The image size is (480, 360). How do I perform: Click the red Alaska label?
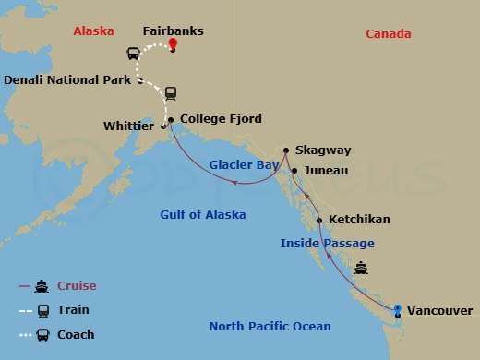(x=93, y=30)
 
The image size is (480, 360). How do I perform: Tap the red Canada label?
(x=388, y=34)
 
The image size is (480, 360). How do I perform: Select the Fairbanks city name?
(x=174, y=30)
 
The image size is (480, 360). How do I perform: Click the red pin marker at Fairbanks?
(x=173, y=45)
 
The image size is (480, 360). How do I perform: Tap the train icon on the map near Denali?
(x=171, y=93)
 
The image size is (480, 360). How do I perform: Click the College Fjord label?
(x=221, y=119)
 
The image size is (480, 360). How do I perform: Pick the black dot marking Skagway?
(x=286, y=150)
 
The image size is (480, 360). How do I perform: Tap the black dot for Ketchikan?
(x=319, y=221)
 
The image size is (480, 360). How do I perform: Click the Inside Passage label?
(x=328, y=243)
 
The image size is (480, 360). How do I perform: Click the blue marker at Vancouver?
(x=397, y=309)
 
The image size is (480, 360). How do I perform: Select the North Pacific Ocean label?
(x=270, y=326)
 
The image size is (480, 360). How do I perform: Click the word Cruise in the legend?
(x=77, y=286)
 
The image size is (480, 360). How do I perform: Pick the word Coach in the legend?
(x=77, y=334)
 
